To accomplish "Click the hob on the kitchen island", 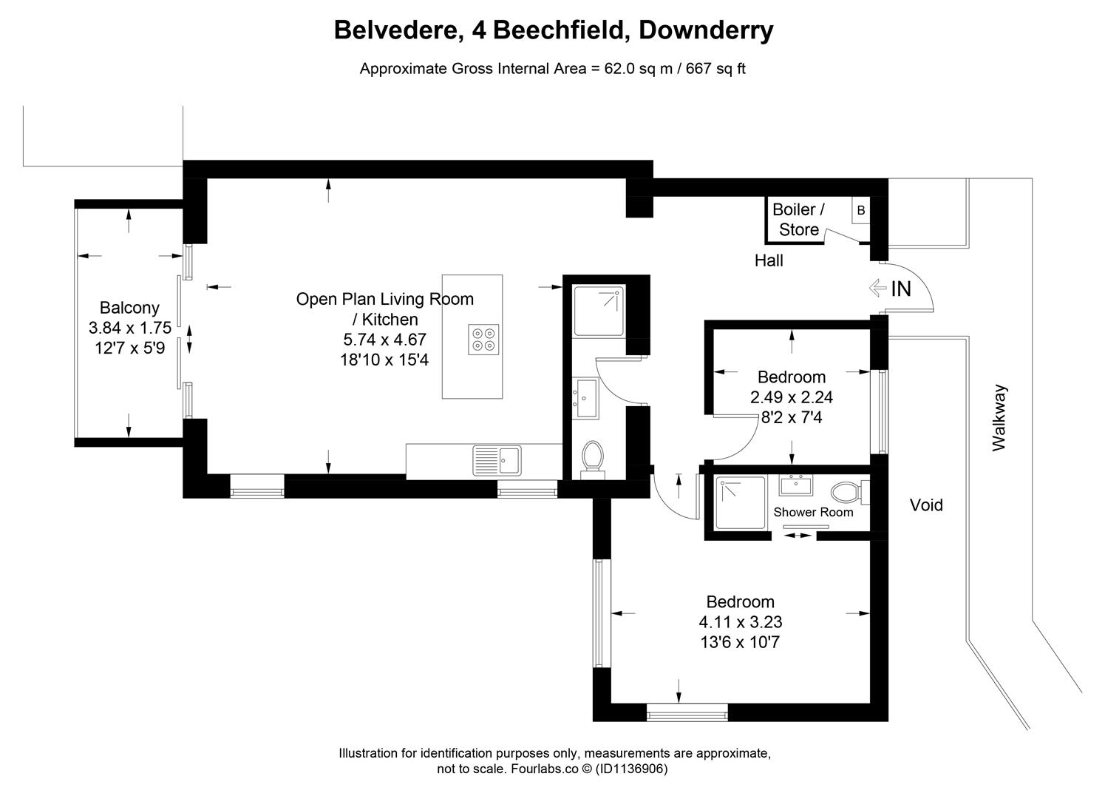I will coord(483,339).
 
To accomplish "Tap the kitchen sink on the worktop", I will coord(497,460).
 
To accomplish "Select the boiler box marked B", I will coord(860,211).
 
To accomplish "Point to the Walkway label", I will coord(999,417).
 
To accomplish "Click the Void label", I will coord(925,505).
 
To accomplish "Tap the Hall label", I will coord(769,260).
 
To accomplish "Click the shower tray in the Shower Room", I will coord(741,503).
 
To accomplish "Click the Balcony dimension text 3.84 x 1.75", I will coord(129,328).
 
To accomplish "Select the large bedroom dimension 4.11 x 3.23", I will coord(740,622).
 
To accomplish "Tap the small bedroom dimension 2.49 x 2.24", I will coord(792,397).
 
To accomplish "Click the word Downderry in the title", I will coord(705,30).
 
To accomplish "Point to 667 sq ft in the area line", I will coord(715,69).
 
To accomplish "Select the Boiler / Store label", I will coord(798,220).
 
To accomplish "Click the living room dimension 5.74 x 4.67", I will coord(384,340).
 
